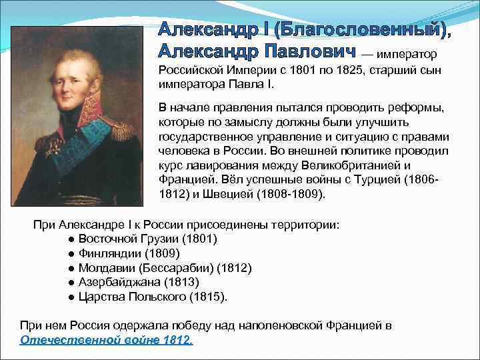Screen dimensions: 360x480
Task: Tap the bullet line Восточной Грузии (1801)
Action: click(x=147, y=239)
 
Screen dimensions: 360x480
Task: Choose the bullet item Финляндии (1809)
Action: click(x=129, y=253)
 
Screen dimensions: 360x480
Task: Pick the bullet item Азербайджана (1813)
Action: click(x=138, y=282)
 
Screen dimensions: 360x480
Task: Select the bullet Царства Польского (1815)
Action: click(x=153, y=297)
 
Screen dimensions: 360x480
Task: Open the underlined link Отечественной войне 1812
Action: click(x=107, y=340)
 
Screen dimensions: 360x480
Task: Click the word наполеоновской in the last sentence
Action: click(x=288, y=325)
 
